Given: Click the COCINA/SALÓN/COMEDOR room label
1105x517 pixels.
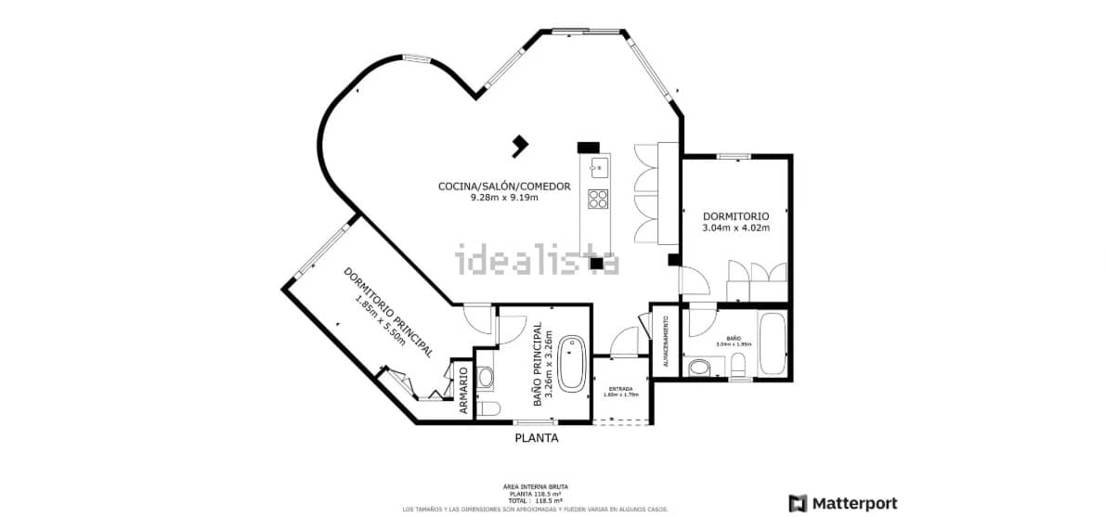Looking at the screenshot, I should click(x=503, y=186).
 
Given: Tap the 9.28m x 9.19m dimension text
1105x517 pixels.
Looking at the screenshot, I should click(x=504, y=197).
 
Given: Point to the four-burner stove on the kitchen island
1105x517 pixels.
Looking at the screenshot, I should click(x=598, y=199).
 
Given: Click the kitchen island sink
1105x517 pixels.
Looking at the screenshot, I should click(x=597, y=168).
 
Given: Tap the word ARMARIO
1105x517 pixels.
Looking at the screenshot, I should click(x=462, y=390).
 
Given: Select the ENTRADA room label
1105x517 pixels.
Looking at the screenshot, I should click(x=620, y=388).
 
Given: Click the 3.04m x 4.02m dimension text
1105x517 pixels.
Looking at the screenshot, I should click(x=735, y=227).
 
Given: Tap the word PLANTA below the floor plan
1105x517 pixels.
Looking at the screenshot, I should click(x=537, y=438).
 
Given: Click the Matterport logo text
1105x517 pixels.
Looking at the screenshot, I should click(x=854, y=503).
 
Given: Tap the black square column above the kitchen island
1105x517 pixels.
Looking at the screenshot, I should click(x=589, y=147).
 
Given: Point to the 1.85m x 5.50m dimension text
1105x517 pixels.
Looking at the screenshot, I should click(x=380, y=321).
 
